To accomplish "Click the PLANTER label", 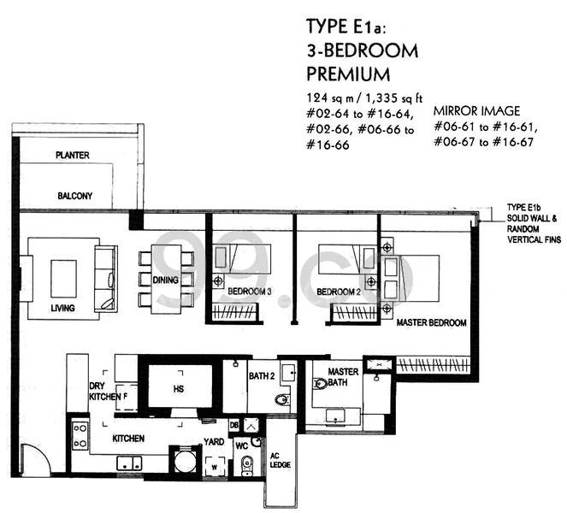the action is click(73, 155).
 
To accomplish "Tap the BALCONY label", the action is click(75, 196).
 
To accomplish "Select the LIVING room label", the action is click(62, 308).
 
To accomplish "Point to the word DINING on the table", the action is click(165, 280).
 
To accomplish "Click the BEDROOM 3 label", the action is click(250, 292).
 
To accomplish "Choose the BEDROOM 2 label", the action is click(339, 292).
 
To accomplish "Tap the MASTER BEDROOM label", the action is click(431, 322).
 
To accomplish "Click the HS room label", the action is click(179, 389).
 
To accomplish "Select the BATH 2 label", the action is click(262, 376).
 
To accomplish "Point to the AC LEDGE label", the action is click(281, 460).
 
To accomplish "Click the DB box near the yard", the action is click(234, 425).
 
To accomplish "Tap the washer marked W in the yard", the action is click(215, 466).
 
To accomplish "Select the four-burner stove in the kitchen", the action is click(80, 436).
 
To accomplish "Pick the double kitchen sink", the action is click(129, 463).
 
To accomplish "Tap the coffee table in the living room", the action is click(63, 279).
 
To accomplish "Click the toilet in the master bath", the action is click(321, 383).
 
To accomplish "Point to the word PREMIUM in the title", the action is click(348, 74).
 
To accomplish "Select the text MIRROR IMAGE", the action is click(476, 110).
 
